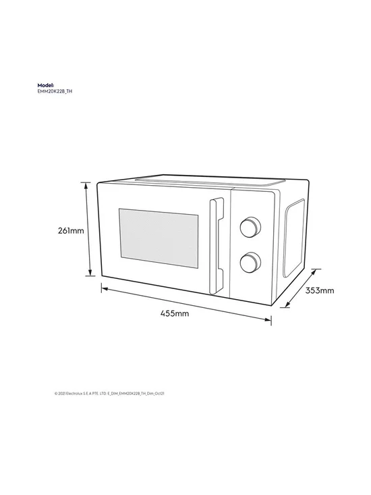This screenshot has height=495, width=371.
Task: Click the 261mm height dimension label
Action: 71,231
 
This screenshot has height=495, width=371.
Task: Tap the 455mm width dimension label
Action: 175,313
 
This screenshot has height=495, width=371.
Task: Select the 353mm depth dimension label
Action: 320,290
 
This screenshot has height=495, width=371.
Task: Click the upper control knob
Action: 250,227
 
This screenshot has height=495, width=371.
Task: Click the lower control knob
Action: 250,263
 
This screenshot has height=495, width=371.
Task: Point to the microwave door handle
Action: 217,246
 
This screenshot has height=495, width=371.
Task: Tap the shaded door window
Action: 159,238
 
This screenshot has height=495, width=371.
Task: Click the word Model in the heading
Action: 46,85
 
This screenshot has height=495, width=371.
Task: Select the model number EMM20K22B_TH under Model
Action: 55,92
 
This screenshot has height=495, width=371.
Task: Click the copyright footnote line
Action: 109,394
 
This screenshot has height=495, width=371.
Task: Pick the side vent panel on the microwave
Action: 294,238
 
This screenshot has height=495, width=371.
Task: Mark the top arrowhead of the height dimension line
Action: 86,186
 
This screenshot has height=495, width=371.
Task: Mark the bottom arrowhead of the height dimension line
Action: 90,272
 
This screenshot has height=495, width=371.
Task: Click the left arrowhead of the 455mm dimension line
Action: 105,288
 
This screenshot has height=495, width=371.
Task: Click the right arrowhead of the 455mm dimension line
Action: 268,319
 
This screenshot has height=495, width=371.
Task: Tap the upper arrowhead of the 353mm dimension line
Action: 313,272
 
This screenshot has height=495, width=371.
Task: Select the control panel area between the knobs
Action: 250,245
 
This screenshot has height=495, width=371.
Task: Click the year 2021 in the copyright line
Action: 61,394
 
